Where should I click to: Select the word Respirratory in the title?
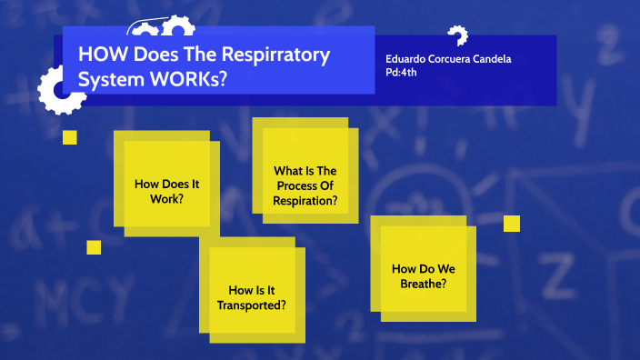point(278,55)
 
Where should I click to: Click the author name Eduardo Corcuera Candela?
point(448,59)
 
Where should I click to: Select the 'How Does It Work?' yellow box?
point(166,189)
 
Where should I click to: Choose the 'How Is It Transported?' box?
point(252,296)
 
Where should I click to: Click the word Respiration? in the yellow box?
point(305,200)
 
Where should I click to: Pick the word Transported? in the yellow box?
point(252,305)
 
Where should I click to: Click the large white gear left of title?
point(60,88)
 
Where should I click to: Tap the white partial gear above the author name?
point(457,35)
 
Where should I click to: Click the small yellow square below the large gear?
point(70,137)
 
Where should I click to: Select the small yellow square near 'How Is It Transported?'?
point(94,247)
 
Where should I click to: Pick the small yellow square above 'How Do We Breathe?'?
point(511,224)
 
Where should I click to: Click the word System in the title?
point(106,79)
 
